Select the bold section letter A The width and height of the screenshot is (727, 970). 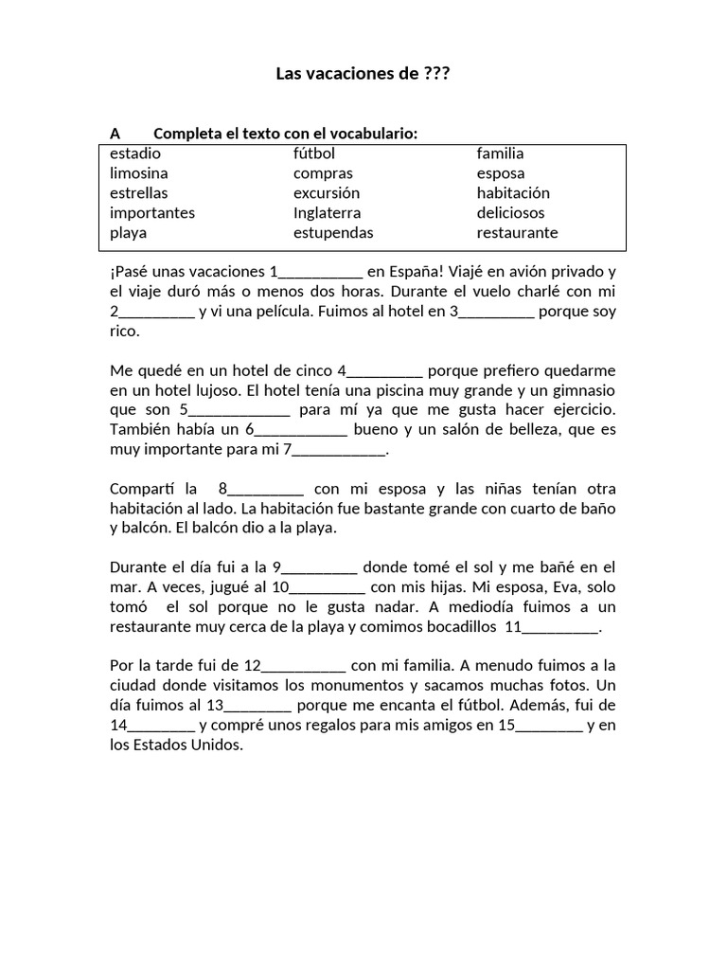click(115, 134)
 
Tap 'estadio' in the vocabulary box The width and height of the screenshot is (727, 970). click(135, 153)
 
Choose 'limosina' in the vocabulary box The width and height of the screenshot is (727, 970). click(139, 173)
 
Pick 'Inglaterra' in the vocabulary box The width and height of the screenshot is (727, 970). click(327, 213)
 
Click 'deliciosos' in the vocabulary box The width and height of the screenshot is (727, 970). click(510, 213)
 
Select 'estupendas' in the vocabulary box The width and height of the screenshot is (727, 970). click(333, 233)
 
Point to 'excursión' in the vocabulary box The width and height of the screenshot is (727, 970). click(327, 193)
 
